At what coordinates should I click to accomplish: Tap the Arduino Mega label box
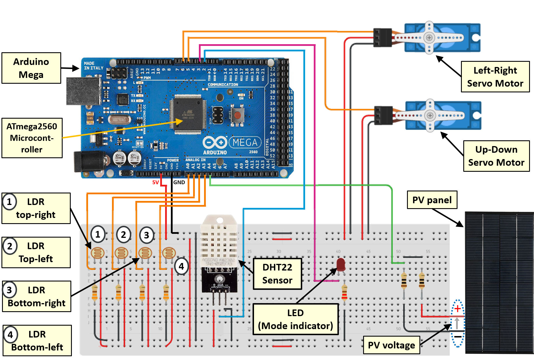[x=31, y=68]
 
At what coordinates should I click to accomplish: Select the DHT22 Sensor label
[x=277, y=274]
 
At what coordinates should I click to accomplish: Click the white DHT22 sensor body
[x=219, y=240]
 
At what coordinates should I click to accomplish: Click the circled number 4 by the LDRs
[x=181, y=266]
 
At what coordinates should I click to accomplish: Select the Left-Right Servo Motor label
[x=495, y=77]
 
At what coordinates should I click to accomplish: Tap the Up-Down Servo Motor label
[x=496, y=156]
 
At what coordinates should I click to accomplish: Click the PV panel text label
[x=432, y=200]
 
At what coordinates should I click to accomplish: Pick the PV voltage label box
[x=391, y=345]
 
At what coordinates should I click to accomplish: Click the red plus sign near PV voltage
[x=458, y=309]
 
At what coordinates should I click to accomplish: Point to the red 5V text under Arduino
[x=156, y=182]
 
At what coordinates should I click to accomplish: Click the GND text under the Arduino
[x=179, y=182]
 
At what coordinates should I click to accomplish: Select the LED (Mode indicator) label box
[x=295, y=319]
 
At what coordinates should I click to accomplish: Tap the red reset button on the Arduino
[x=238, y=116]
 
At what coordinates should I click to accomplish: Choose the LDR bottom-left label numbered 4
[x=37, y=340]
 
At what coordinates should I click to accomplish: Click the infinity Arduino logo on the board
[x=214, y=142]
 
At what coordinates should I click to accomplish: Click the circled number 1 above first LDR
[x=98, y=234]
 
